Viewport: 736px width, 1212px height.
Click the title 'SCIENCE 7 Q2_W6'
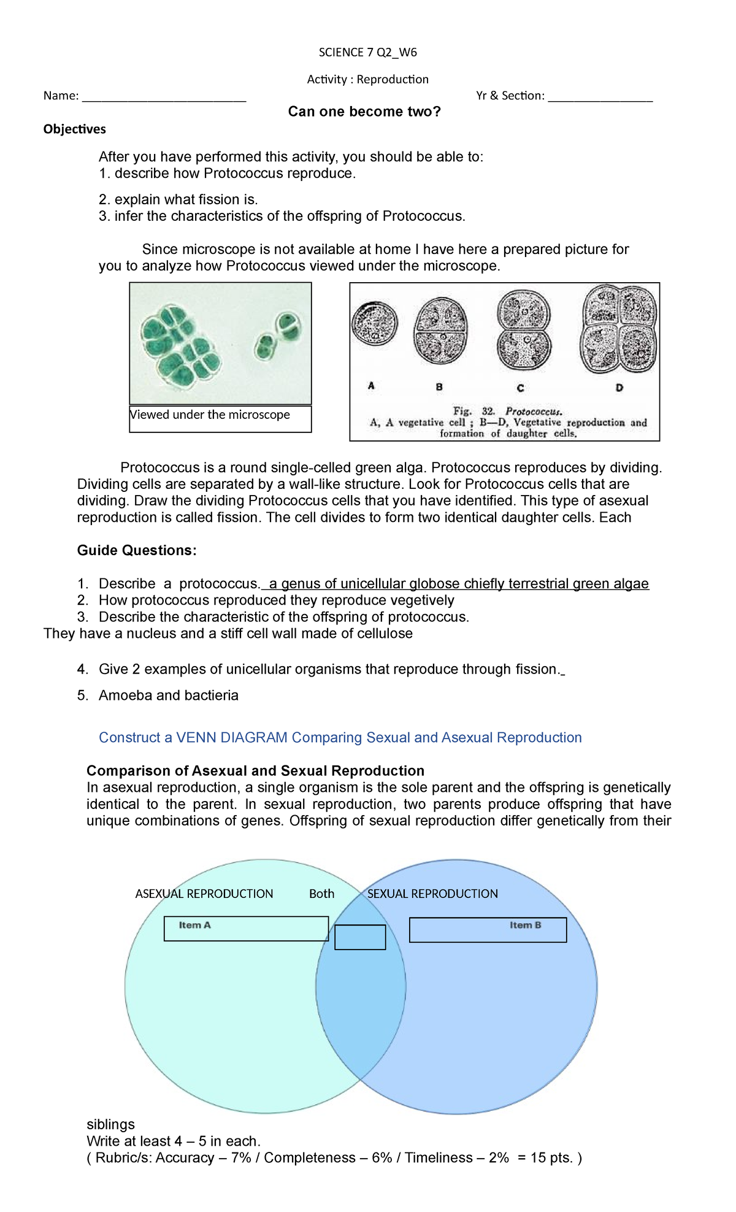[x=367, y=52]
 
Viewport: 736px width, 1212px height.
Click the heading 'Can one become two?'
[x=364, y=112]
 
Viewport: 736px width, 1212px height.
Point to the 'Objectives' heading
[x=74, y=129]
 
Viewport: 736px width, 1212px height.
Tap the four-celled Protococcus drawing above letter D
[x=619, y=329]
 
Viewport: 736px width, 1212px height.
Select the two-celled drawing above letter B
[x=440, y=331]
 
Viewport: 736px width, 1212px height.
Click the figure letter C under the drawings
[x=520, y=388]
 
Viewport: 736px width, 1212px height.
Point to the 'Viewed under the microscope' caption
[x=210, y=415]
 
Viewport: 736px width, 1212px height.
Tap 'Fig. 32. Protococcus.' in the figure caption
[x=507, y=411]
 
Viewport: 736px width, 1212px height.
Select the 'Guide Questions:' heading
[x=137, y=550]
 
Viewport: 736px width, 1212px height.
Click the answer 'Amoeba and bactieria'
[x=169, y=695]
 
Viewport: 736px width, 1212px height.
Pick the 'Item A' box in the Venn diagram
[x=246, y=928]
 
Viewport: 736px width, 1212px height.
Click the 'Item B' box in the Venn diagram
[x=488, y=930]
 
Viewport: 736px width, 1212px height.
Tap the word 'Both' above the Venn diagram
[x=321, y=894]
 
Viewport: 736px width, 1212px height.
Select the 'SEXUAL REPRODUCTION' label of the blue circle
[x=432, y=894]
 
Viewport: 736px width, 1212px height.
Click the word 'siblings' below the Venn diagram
[x=110, y=1124]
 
